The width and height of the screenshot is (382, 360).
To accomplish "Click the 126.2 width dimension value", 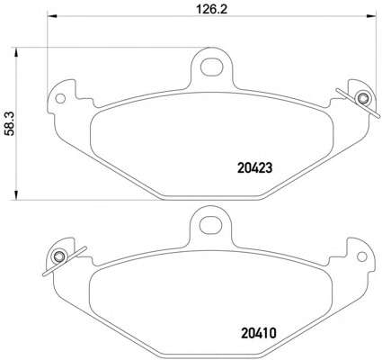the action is pyautogui.click(x=212, y=9).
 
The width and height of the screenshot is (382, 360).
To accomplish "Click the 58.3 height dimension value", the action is pyautogui.click(x=11, y=123).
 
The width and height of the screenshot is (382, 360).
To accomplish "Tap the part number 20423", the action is pyautogui.click(x=254, y=168).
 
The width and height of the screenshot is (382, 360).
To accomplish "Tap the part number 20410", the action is pyautogui.click(x=258, y=334).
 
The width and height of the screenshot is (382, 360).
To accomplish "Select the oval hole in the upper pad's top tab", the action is pyautogui.click(x=212, y=67).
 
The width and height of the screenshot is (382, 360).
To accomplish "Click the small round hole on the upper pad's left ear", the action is pyautogui.click(x=61, y=98).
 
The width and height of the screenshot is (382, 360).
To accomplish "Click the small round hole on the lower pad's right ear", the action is pyautogui.click(x=362, y=256).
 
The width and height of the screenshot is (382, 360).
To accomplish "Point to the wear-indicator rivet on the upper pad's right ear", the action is pyautogui.click(x=362, y=98).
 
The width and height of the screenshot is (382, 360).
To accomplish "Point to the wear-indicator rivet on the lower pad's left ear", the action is pyautogui.click(x=58, y=256).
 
